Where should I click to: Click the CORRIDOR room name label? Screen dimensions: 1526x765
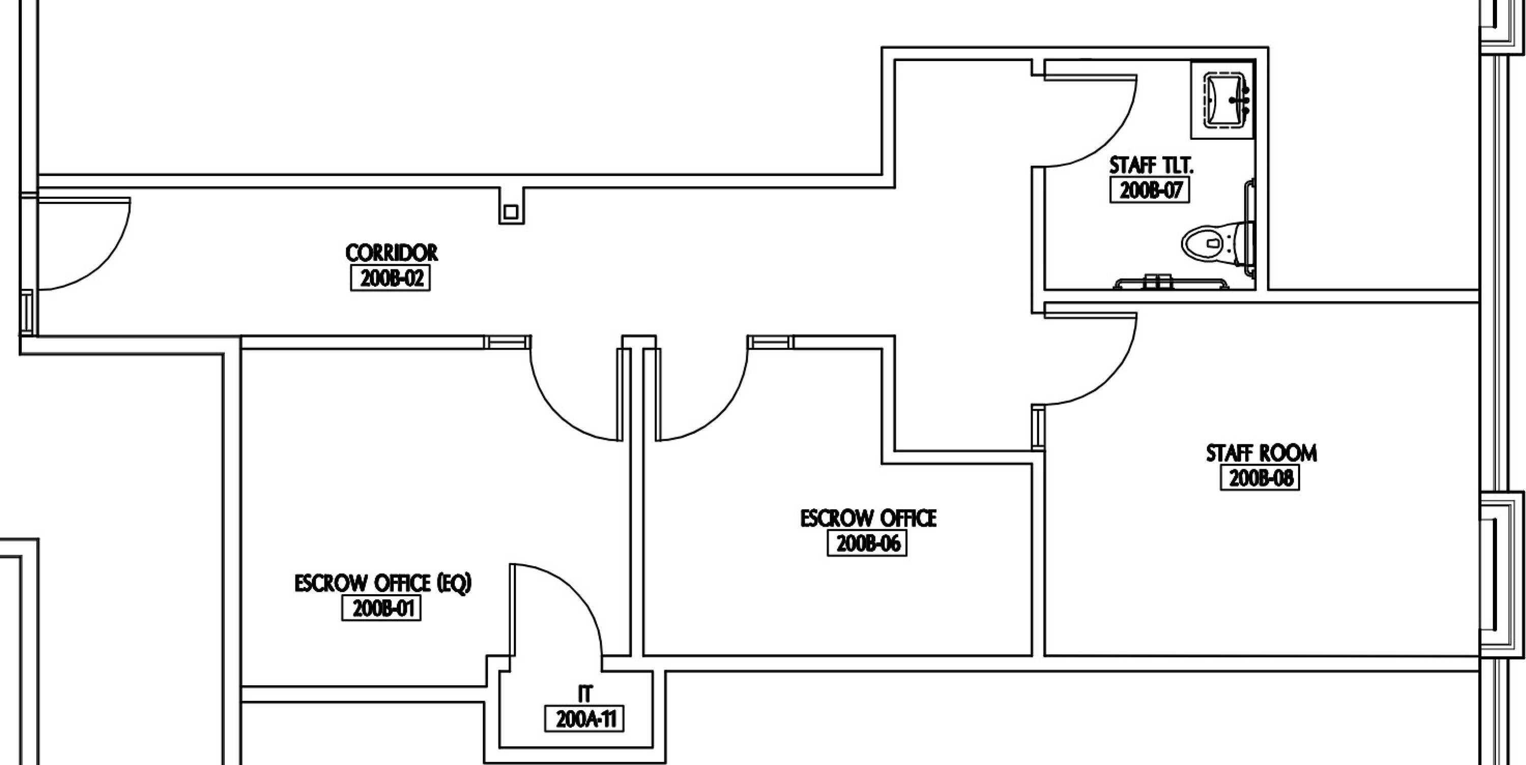392,253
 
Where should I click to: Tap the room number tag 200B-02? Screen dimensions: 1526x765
390,278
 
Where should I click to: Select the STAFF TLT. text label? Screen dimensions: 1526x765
1151,165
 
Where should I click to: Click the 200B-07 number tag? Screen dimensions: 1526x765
1150,191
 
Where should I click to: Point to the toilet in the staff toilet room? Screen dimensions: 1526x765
1217,244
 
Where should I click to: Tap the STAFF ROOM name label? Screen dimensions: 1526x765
1261,453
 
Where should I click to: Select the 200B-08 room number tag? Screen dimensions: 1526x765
1260,478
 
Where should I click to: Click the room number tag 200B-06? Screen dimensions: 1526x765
867,543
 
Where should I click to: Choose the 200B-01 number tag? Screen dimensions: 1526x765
382,608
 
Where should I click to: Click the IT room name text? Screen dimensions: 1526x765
584,694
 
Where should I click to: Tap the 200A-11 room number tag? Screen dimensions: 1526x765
584,719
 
